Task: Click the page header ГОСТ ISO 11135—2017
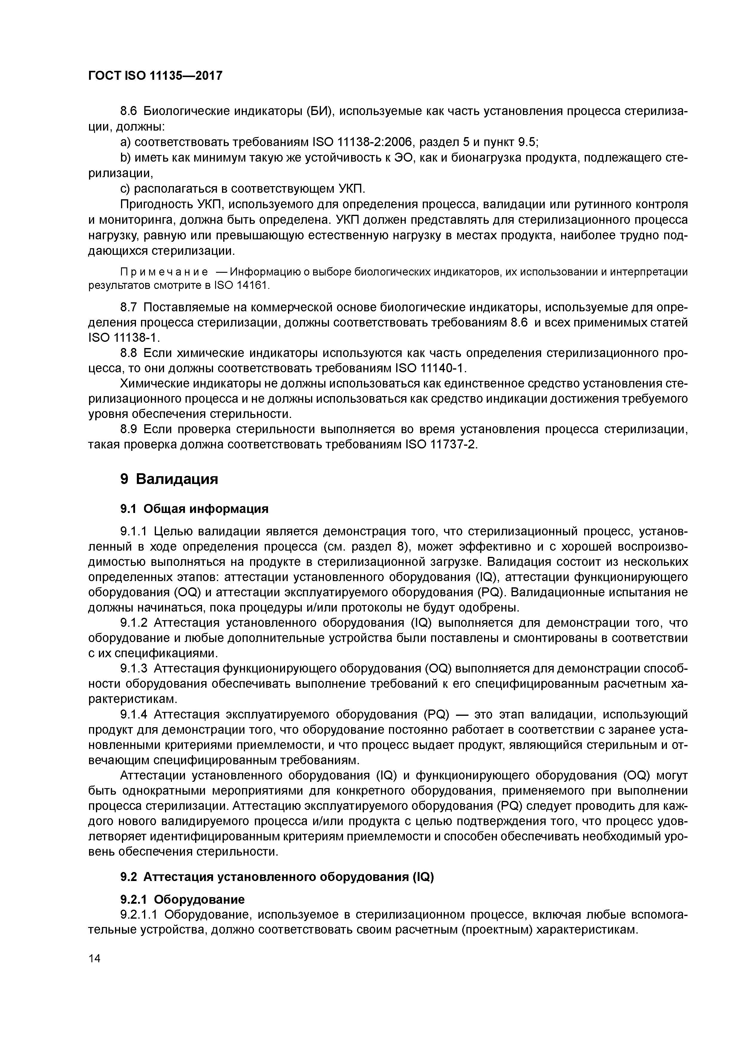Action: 155,75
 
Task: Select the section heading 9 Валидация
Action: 169,479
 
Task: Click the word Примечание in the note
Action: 163,272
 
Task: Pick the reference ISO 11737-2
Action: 441,445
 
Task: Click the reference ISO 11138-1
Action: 123,338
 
